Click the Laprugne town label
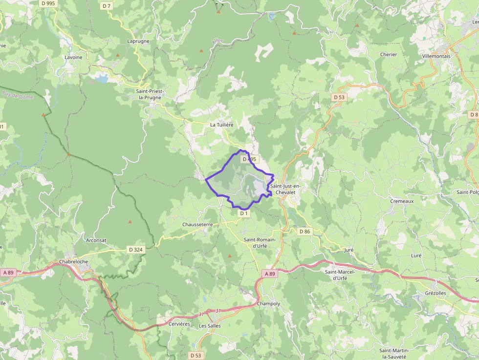(x=138, y=42)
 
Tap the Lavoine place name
(x=73, y=57)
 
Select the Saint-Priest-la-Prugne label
(x=150, y=94)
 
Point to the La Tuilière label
(x=222, y=125)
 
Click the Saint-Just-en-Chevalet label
(x=286, y=189)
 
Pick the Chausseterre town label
(x=197, y=224)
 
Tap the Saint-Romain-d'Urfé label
(x=260, y=242)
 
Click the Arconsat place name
(x=96, y=240)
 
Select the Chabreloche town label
(x=74, y=262)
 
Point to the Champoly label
(x=269, y=304)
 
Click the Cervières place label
(x=179, y=324)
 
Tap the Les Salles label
(x=210, y=326)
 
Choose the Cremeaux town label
(x=402, y=201)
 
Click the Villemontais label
(x=436, y=56)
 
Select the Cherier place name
(x=389, y=55)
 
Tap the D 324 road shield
(x=136, y=250)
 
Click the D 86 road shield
(x=305, y=231)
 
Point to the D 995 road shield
(x=48, y=3)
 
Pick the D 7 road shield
(x=107, y=6)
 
